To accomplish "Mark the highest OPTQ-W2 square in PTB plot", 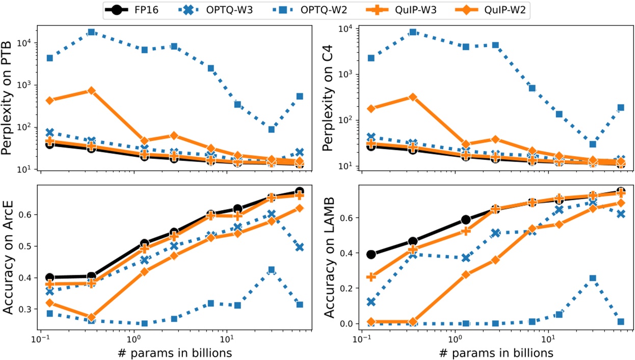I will pyautogui.click(x=91, y=32).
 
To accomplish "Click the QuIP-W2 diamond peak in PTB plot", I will pyautogui.click(x=91, y=91).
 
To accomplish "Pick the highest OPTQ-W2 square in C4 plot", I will pyautogui.click(x=413, y=32).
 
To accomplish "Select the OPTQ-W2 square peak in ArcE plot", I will pyautogui.click(x=272, y=270).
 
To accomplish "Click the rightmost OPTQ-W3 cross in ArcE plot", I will pyautogui.click(x=300, y=247).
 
